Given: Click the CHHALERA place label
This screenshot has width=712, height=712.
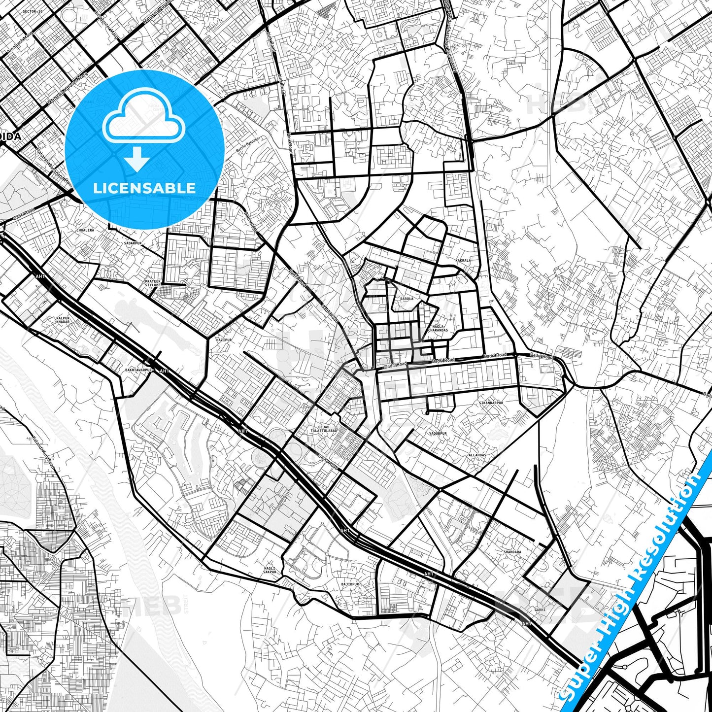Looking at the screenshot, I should tap(85, 230).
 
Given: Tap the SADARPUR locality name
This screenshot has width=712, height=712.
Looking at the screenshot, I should tap(133, 243).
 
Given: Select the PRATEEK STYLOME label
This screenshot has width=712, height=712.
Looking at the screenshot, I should tap(153, 283).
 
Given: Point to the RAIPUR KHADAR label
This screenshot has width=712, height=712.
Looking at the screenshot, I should tap(63, 320).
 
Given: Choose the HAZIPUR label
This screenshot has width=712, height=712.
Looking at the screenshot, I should tap(224, 339).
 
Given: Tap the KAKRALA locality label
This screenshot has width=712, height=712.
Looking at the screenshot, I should tap(463, 260).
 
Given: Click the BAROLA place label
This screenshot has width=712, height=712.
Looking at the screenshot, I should tap(407, 299).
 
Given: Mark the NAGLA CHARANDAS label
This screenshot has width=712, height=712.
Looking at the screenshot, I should tap(438, 328).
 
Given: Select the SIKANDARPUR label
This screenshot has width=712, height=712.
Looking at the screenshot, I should tap(491, 403).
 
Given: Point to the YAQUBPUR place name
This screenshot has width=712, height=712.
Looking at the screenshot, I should tap(437, 434).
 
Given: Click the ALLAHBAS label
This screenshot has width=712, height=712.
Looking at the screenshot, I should tap(477, 455).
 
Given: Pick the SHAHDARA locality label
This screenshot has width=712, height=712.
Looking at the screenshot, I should tap(512, 552).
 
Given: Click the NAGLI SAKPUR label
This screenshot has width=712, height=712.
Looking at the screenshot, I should tap(270, 570).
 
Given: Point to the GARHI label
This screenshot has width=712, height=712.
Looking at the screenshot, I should tap(540, 610).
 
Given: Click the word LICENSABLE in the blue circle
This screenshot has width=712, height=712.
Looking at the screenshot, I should tap(144, 188).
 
